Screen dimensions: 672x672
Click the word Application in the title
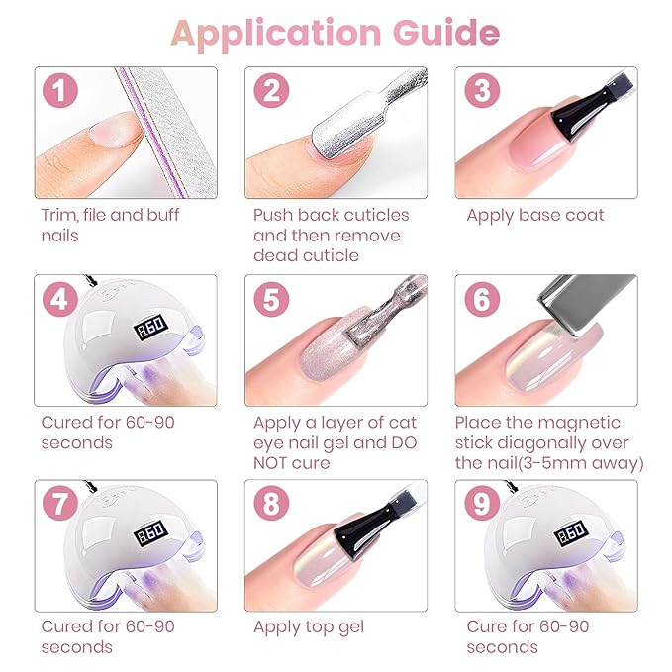(x=278, y=33)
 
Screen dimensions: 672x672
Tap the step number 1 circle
(x=61, y=92)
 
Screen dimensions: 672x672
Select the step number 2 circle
(x=271, y=92)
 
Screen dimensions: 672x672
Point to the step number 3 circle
(x=481, y=92)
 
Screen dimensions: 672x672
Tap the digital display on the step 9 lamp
(x=571, y=532)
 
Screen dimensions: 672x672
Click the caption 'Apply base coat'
(x=534, y=215)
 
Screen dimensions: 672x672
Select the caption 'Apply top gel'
(x=309, y=626)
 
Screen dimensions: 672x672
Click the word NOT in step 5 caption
(x=275, y=462)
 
